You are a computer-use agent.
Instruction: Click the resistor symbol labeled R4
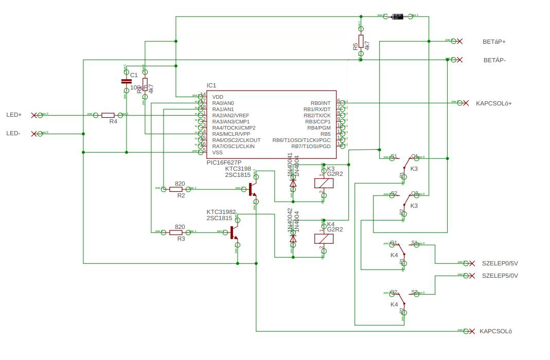[x=108, y=115]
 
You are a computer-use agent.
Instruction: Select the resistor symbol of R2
[x=176, y=189]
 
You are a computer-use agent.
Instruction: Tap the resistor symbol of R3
[x=176, y=232]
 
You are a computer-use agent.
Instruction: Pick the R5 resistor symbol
[x=361, y=41]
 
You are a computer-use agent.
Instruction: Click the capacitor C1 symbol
[x=126, y=81]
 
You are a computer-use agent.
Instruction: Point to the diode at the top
[x=398, y=16]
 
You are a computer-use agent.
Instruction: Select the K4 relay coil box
[x=324, y=239]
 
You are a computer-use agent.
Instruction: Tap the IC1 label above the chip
[x=211, y=85]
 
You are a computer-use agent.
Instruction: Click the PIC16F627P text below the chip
[x=224, y=163]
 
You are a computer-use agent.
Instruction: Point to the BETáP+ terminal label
[x=494, y=42]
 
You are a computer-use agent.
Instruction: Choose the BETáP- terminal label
[x=494, y=60]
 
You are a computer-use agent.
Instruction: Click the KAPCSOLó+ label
[x=494, y=103]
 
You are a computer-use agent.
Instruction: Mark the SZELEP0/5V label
[x=500, y=263]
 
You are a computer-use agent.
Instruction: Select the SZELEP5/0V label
[x=500, y=276]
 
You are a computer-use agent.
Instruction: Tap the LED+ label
[x=14, y=115]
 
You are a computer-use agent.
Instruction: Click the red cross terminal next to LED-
[x=34, y=134]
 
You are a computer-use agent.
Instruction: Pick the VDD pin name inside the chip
[x=218, y=97]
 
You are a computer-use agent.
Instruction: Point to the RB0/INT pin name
[x=321, y=103]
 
